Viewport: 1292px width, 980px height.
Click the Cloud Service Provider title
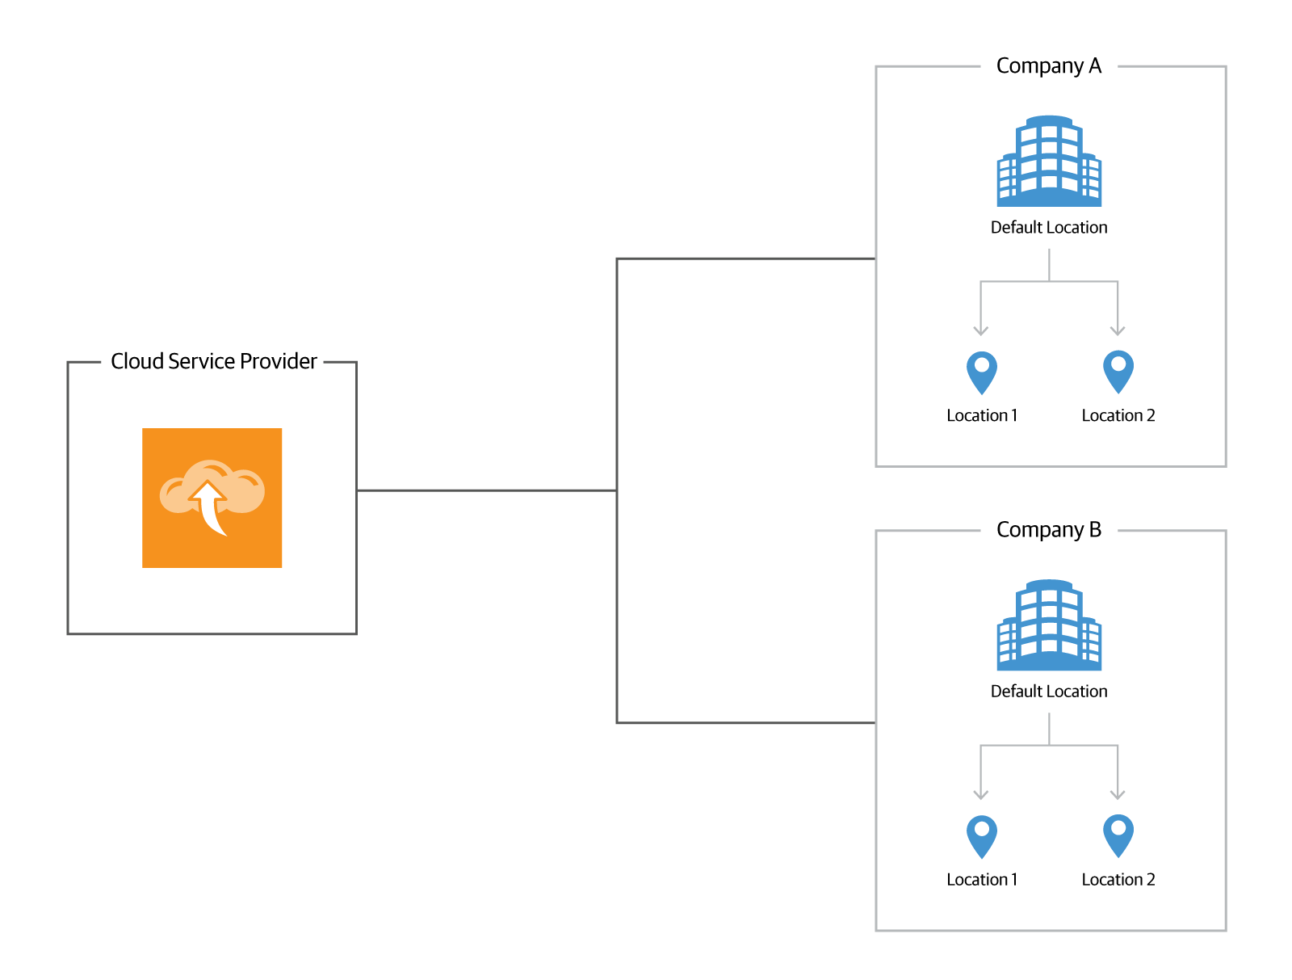pos(213,361)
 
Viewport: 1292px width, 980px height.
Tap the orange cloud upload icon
pos(212,498)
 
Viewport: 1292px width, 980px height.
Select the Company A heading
pos(1048,65)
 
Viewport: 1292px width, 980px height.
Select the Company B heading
pos(1048,530)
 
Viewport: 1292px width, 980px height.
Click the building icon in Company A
pos(1049,161)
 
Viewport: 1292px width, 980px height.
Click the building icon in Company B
pos(1049,625)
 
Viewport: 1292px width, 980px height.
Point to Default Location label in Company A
pos(1049,228)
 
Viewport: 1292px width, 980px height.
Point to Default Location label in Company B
pos(1049,692)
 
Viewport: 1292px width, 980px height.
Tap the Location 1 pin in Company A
pos(982,372)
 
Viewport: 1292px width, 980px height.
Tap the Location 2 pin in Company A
pos(1118,371)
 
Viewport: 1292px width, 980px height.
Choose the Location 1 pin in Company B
pos(982,835)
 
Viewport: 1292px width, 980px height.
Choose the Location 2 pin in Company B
pos(1118,835)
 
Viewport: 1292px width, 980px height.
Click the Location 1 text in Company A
pos(982,415)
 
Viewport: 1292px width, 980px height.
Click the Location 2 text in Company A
pos(1118,415)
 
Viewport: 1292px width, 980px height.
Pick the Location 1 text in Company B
pos(982,880)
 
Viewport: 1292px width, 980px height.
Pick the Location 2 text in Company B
pos(1118,880)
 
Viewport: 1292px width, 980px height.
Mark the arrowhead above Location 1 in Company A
pos(981,330)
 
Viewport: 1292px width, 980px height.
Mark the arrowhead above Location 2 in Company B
pos(1118,795)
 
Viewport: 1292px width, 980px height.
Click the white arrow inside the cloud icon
pos(211,504)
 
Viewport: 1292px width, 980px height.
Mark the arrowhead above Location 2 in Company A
pos(1118,330)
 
